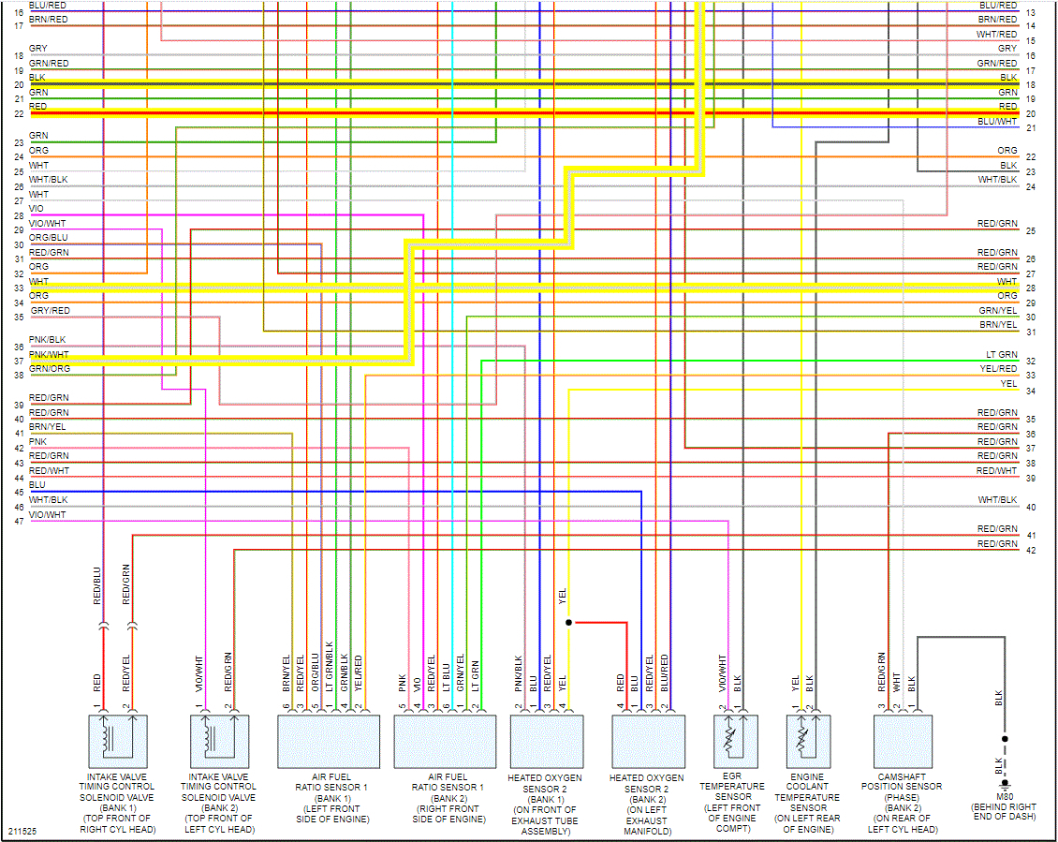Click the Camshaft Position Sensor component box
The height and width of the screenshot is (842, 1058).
point(903,741)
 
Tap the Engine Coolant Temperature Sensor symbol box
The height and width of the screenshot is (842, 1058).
point(807,741)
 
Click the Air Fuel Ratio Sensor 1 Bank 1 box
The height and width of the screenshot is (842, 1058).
point(329,741)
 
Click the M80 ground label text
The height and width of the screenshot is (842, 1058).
point(1005,796)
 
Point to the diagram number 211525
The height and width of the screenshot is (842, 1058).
point(23,831)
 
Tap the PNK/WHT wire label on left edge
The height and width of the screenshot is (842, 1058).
point(49,354)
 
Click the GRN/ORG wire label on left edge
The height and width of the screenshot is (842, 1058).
point(49,369)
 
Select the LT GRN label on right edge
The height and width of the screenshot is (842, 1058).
point(1001,355)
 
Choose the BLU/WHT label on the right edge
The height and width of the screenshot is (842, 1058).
point(996,121)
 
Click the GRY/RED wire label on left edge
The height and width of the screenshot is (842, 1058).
point(50,310)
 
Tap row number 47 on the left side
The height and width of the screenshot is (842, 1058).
point(19,521)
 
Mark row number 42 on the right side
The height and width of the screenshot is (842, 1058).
point(1031,551)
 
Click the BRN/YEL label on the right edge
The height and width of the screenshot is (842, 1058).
point(997,325)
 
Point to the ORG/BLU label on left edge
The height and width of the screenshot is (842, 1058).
point(49,237)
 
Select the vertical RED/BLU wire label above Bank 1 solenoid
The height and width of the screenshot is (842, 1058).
point(96,585)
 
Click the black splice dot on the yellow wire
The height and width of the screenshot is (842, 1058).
point(568,622)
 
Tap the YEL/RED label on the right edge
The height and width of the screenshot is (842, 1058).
point(998,369)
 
